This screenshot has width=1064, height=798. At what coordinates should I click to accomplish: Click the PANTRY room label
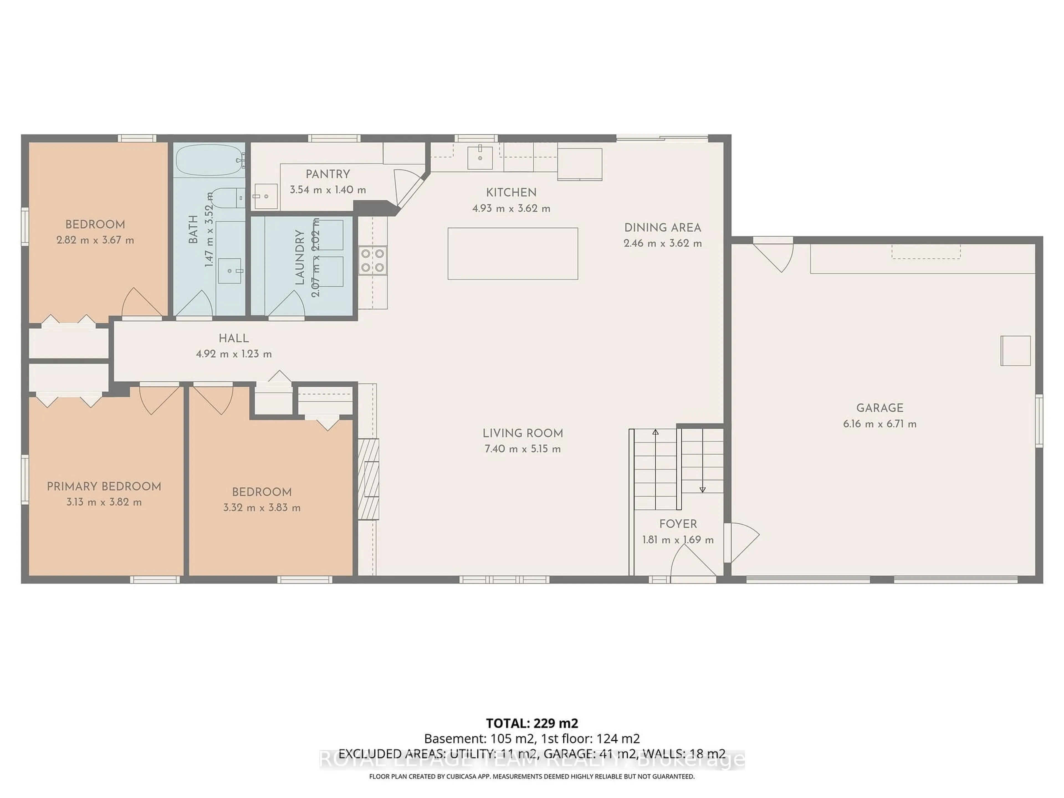coord(328,174)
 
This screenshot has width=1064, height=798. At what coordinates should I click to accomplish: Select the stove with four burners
coord(372,260)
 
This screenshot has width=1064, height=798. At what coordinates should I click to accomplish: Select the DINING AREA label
coord(662,227)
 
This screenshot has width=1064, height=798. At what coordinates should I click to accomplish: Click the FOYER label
coord(678,524)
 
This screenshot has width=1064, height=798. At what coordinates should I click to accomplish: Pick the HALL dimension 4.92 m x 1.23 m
coord(234,354)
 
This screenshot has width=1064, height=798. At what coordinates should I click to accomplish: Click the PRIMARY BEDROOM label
coord(104,486)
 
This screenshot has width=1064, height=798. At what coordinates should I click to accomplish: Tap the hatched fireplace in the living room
coord(369,479)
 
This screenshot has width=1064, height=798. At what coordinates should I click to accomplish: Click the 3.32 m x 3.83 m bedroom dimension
coord(262,507)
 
